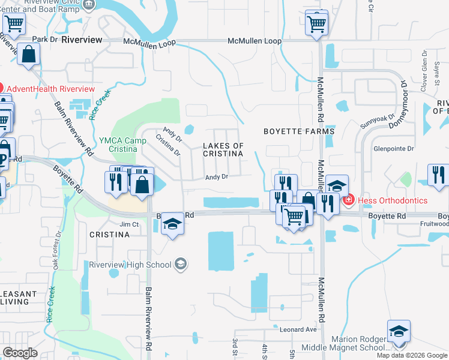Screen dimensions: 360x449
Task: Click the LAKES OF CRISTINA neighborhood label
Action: [223, 150]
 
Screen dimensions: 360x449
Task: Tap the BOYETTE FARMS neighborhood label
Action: [298, 131]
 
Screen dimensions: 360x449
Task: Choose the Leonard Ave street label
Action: [298, 329]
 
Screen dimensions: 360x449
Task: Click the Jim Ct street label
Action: [130, 224]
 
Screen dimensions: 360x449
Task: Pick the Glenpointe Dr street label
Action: [394, 148]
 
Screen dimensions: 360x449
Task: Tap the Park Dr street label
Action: [44, 39]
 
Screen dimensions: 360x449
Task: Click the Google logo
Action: [20, 353]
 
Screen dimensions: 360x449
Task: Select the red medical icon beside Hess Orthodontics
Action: [348, 200]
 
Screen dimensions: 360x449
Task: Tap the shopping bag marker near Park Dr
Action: [28, 54]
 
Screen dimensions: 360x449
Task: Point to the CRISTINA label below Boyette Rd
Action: [109, 235]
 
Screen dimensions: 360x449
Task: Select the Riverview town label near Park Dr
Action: [82, 39]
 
